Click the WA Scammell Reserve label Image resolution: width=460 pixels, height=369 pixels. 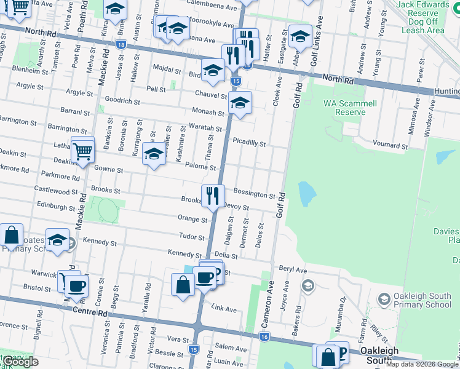click(x=350, y=108)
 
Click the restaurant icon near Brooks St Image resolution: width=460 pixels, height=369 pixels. click(x=212, y=196)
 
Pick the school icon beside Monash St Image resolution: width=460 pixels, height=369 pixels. click(x=240, y=103)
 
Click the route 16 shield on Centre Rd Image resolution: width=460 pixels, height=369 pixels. click(x=264, y=336)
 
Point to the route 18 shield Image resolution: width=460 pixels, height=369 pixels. click(x=121, y=45)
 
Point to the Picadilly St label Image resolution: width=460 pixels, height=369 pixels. click(x=249, y=143)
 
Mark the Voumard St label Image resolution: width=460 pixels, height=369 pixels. click(x=391, y=143)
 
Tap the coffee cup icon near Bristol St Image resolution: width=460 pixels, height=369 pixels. click(x=77, y=285)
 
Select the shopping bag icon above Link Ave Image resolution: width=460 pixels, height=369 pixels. click(x=183, y=285)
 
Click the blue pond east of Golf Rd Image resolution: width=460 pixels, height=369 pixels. click(x=306, y=195)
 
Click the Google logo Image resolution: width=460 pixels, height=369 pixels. click(x=21, y=362)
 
